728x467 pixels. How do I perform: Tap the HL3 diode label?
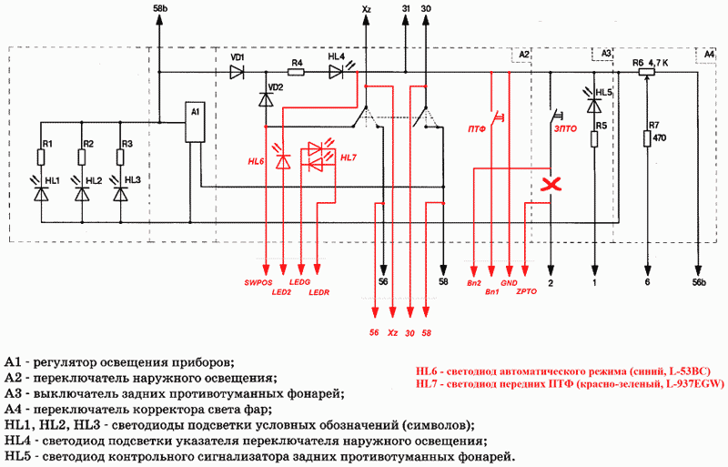(133, 180)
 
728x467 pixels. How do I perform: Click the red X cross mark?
(550, 187)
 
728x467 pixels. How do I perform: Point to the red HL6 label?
(257, 161)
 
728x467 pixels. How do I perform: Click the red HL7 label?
(349, 157)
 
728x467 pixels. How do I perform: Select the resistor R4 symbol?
(297, 73)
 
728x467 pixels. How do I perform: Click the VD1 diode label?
(238, 57)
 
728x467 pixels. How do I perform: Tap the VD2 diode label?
(276, 87)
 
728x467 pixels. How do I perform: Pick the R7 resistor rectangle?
(647, 137)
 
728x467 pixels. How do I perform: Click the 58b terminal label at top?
(160, 8)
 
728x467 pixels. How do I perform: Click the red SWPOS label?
(258, 283)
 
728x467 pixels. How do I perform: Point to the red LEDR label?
(319, 292)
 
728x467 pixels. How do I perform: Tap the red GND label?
(509, 283)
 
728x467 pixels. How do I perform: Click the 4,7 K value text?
(657, 63)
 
